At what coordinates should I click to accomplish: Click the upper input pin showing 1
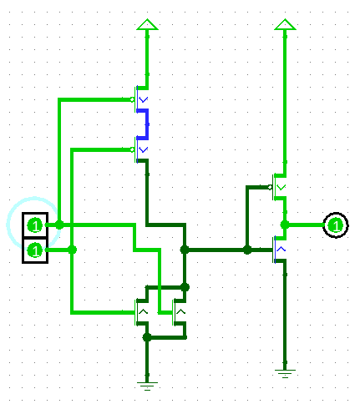(35, 225)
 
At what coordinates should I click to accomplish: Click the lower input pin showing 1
(35, 250)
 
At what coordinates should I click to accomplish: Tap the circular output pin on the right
(336, 225)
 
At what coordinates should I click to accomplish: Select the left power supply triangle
(147, 24)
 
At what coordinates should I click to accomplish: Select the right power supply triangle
(285, 24)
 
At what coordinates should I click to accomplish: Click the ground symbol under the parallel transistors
(147, 386)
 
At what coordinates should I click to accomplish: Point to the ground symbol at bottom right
(285, 374)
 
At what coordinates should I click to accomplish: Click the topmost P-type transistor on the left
(140, 99)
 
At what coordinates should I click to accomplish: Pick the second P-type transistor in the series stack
(140, 149)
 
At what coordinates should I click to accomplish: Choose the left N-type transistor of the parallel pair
(141, 312)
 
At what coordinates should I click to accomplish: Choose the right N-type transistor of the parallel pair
(180, 312)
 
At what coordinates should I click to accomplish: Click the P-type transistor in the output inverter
(278, 187)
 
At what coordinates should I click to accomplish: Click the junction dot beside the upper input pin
(59, 225)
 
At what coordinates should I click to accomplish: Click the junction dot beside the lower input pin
(72, 250)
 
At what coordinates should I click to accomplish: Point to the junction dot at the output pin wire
(285, 225)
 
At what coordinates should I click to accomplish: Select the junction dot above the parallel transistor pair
(185, 287)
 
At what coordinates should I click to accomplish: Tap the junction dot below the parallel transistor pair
(147, 337)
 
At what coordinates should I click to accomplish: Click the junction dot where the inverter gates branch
(247, 250)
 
